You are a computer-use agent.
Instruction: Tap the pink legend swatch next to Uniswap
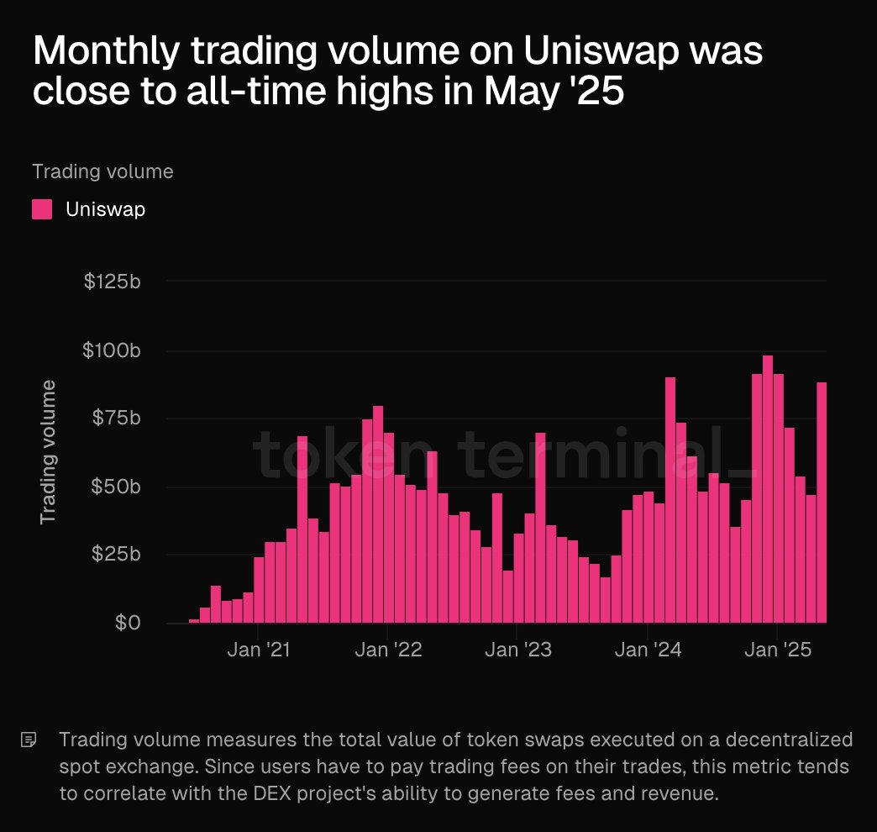tap(42, 209)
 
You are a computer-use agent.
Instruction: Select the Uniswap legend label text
tap(105, 209)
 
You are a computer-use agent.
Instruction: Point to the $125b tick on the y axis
tap(112, 282)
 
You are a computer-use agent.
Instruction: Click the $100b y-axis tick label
tap(112, 350)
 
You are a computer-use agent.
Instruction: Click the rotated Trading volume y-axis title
tap(49, 452)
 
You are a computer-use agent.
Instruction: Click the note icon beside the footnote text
tap(29, 740)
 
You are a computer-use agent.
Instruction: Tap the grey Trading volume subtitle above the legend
tap(102, 171)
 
